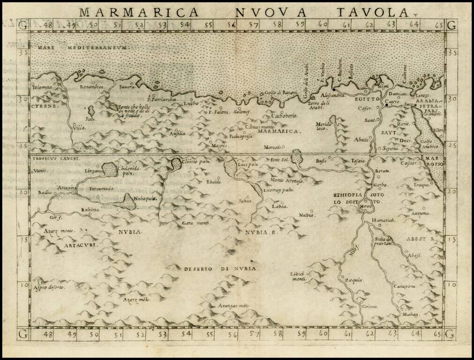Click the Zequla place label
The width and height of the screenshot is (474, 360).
coord(354,280)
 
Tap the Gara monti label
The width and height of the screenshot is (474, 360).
coord(196,223)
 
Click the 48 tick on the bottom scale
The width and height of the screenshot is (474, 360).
coord(47,334)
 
